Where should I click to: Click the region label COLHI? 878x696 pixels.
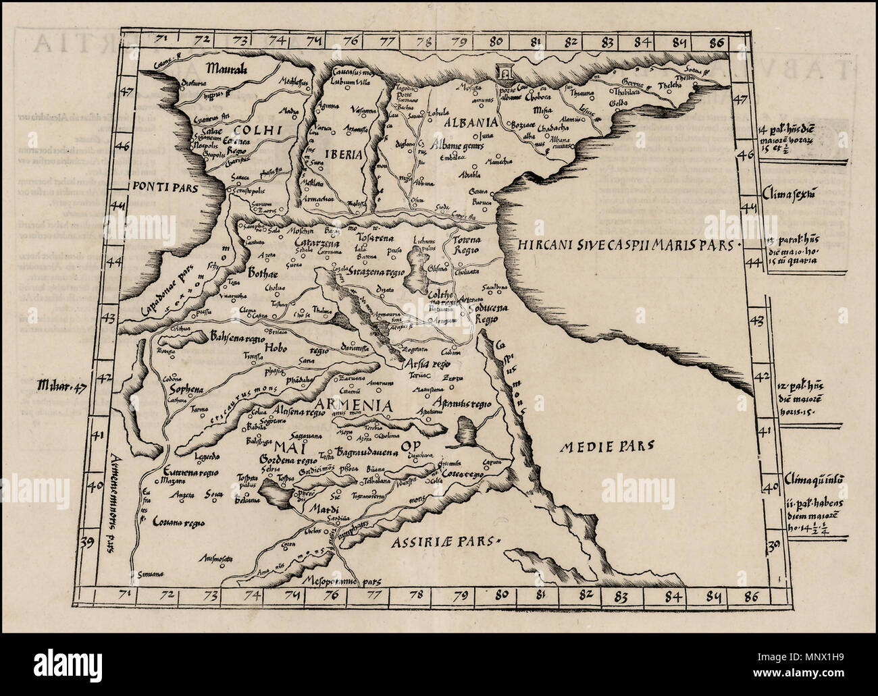pyautogui.click(x=247, y=127)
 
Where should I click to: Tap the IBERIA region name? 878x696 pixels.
pyautogui.click(x=346, y=154)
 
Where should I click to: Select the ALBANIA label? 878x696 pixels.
pyautogui.click(x=471, y=123)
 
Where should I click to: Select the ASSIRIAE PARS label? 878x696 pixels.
pyautogui.click(x=448, y=539)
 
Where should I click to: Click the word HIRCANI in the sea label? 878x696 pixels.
pyautogui.click(x=542, y=246)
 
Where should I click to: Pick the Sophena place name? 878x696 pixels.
pyautogui.click(x=186, y=390)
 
